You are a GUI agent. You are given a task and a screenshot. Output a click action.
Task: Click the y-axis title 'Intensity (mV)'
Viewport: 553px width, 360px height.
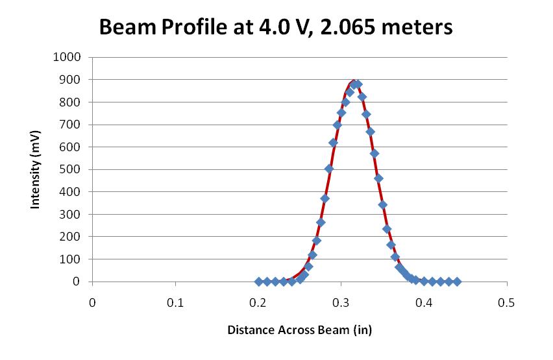point(36,169)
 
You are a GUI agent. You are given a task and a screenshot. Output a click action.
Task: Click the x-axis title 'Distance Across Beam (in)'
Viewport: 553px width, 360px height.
point(299,330)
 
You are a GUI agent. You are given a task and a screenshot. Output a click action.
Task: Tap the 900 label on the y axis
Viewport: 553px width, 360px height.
point(72,80)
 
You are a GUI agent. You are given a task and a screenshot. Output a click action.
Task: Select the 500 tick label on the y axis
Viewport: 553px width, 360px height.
point(72,169)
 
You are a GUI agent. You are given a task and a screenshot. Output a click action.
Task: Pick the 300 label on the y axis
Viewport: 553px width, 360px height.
point(72,214)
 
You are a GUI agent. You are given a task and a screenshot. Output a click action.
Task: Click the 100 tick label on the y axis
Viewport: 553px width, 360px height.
point(72,259)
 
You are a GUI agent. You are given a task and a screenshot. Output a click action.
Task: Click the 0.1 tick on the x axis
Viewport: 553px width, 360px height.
point(175,302)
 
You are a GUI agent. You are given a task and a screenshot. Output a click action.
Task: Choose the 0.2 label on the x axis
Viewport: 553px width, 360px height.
point(258,302)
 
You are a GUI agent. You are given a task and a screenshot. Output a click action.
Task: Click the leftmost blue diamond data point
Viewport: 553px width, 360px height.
point(259,282)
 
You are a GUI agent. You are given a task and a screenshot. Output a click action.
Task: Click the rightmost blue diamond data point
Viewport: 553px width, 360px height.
point(457,282)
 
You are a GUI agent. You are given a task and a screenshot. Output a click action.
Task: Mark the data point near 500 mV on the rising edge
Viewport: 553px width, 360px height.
point(329,169)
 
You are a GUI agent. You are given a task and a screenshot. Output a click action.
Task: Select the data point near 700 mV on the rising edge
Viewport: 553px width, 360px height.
point(338,125)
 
